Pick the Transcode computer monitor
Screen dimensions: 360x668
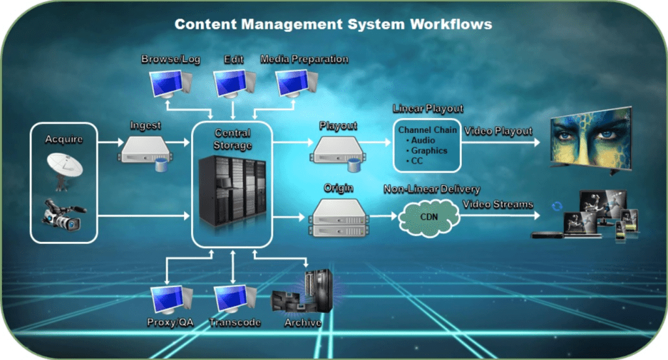(x=233, y=300)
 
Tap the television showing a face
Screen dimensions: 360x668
(x=590, y=141)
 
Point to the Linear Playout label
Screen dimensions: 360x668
(x=428, y=108)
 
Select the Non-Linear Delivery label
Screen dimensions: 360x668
(x=432, y=190)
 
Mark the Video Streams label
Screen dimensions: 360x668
(x=498, y=205)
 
